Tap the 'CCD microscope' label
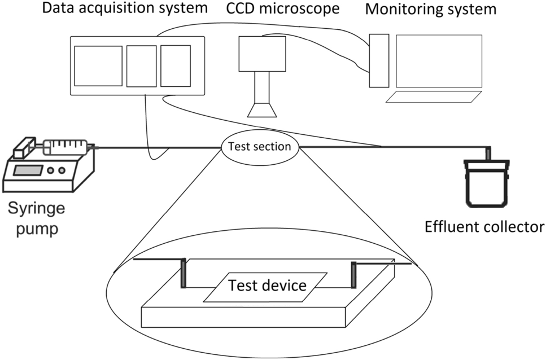point(283,9)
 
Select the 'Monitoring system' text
point(430,10)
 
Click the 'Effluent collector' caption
point(484,227)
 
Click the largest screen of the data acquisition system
point(98,66)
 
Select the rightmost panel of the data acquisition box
point(175,66)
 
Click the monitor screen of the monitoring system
point(439,60)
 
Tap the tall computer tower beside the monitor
point(379,60)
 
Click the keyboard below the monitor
point(434,96)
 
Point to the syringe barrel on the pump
point(65,147)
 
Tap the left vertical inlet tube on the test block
point(183,274)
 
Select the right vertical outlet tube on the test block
point(354,275)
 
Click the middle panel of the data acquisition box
point(141,66)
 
